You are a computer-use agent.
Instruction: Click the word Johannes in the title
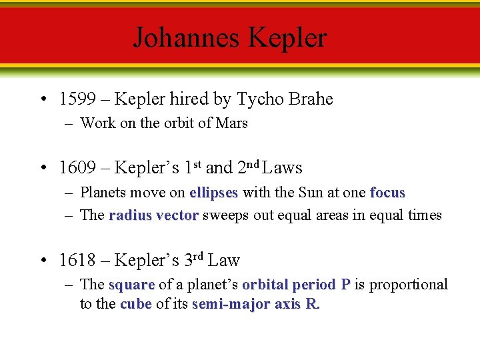(x=188, y=37)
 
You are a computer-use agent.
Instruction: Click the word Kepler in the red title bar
(x=288, y=37)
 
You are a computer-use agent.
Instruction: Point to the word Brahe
(x=310, y=99)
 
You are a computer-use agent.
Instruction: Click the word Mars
(x=232, y=123)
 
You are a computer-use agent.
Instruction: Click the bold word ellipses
(x=213, y=193)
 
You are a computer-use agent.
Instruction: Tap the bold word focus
(x=387, y=193)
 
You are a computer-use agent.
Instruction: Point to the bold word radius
(x=131, y=215)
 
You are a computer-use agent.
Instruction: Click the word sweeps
(x=224, y=215)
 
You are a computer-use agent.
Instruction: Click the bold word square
(x=131, y=285)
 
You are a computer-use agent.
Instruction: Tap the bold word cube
(x=136, y=305)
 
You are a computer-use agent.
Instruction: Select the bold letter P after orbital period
(x=345, y=285)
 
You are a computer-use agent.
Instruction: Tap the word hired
(x=189, y=99)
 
